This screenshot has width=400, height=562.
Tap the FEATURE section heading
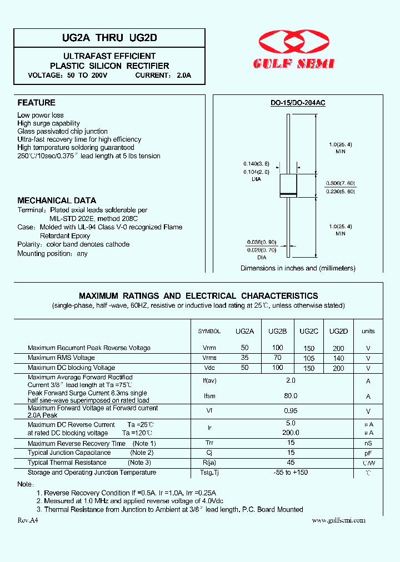pos(36,103)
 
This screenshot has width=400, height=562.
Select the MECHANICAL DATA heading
pos(57,200)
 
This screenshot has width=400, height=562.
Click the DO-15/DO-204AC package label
pos(298,103)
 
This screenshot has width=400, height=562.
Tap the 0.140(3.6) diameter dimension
pos(256,164)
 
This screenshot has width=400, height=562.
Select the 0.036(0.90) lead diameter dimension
pos(261,242)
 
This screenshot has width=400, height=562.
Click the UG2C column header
pos(309,331)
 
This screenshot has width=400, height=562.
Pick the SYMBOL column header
pos(209,331)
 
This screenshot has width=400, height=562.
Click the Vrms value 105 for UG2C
pos(309,358)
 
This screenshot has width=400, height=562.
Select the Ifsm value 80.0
pos(291,396)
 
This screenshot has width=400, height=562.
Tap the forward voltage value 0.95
pos(291,411)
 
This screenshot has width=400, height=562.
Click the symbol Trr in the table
pos(209,444)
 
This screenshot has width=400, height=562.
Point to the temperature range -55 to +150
pos(291,473)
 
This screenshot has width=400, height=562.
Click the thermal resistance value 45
pos(291,463)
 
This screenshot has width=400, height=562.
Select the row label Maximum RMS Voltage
pos(61,358)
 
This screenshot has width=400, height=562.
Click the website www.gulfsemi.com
pos(338,520)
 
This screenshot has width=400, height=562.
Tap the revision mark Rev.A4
pos(28,520)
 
